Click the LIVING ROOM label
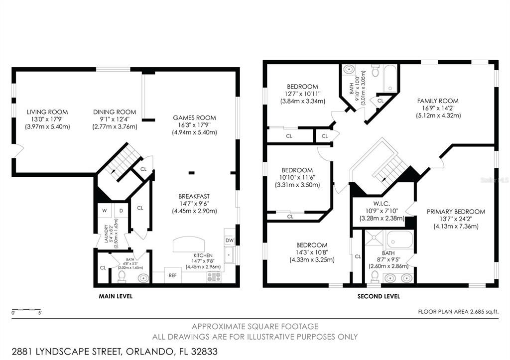(47, 112)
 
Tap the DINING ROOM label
(115, 112)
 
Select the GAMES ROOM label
(194, 118)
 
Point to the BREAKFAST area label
(195, 196)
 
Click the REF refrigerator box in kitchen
(172, 275)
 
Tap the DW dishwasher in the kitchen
(230, 240)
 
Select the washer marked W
(105, 211)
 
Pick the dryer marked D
(120, 211)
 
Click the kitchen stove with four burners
(215, 277)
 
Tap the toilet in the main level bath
(122, 275)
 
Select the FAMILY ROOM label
(438, 101)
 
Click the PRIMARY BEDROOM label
(456, 212)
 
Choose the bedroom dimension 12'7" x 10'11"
(302, 94)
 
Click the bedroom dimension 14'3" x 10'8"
(312, 252)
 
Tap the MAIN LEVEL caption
(116, 296)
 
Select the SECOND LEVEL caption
(379, 296)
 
